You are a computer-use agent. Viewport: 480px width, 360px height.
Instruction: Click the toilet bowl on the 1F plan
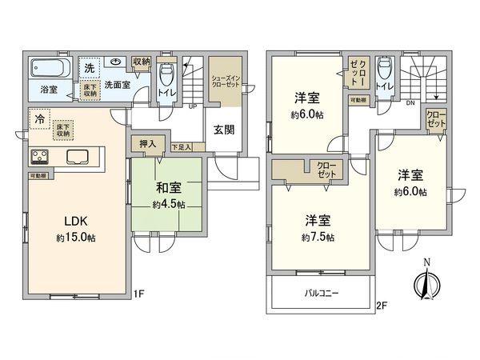point(166,75)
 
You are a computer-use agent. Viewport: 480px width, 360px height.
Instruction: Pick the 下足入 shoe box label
point(181,148)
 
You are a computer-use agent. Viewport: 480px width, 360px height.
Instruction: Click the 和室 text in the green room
point(169,189)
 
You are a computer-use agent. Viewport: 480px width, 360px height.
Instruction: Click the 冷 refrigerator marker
point(38,119)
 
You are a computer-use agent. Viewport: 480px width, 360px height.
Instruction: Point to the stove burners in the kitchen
point(41,156)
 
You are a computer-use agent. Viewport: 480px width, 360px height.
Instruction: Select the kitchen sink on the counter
point(80,156)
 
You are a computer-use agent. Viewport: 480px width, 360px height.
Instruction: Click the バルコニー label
point(322,293)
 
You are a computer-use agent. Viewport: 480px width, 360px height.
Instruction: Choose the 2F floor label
point(381,305)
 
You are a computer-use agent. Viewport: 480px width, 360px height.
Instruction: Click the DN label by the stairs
point(410,103)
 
